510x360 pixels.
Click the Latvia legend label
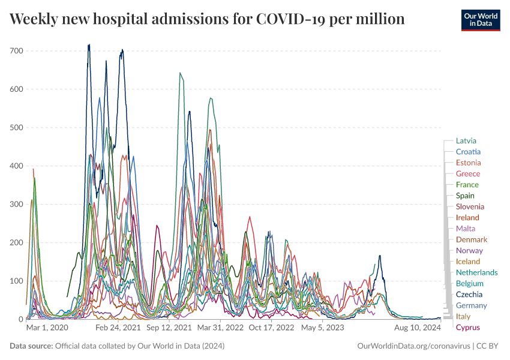click(x=466, y=140)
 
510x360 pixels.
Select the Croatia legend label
click(x=468, y=152)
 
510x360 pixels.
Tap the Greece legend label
click(x=467, y=173)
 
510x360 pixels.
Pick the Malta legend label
click(x=466, y=229)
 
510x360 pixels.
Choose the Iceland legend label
click(x=468, y=262)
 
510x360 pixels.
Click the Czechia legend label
click(x=469, y=295)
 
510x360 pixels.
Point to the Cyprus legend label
click(x=467, y=327)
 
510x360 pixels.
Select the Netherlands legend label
click(x=476, y=272)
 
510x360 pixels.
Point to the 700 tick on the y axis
click(x=16, y=51)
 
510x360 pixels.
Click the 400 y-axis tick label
click(x=16, y=166)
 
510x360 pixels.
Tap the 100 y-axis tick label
click(x=16, y=281)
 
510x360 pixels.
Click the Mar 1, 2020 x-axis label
click(x=48, y=328)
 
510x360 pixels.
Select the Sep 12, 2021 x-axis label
click(x=169, y=328)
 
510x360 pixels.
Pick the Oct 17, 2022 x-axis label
click(x=271, y=328)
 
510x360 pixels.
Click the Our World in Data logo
click(x=481, y=19)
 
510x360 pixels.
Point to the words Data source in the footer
click(x=31, y=346)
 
